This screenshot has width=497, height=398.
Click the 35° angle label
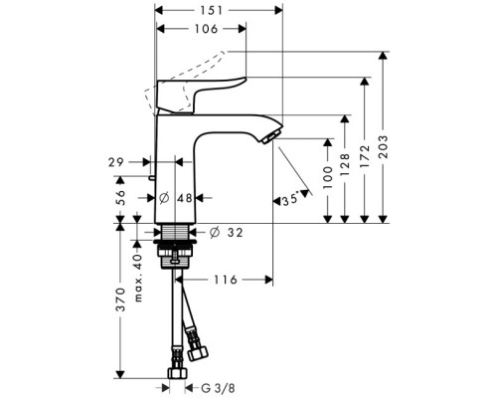pos(288,200)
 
